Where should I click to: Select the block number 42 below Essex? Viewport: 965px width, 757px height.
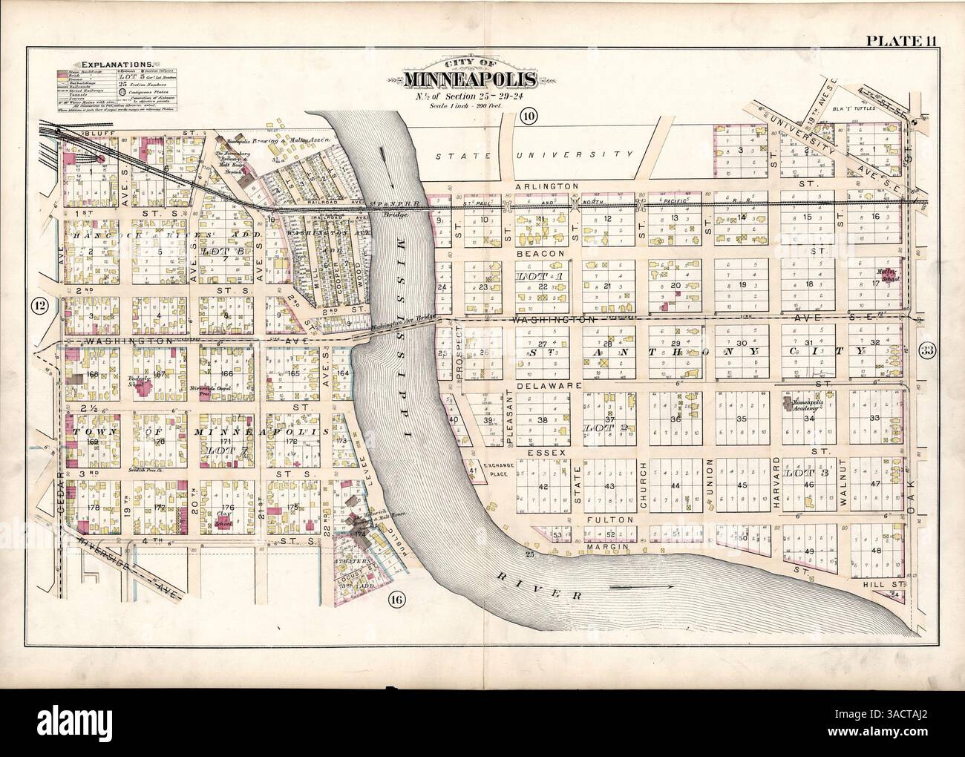tap(543, 486)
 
